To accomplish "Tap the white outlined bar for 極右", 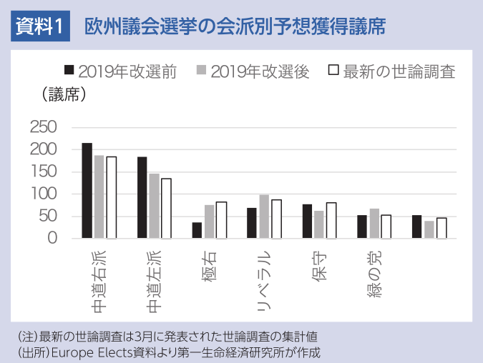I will (221, 220).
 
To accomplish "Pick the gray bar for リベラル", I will (264, 217).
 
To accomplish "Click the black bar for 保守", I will (307, 222).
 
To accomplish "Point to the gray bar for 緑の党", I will (374, 224).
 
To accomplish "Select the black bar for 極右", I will (197, 230).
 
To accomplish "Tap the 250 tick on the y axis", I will (43, 127).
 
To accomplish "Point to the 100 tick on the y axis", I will (43, 194).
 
